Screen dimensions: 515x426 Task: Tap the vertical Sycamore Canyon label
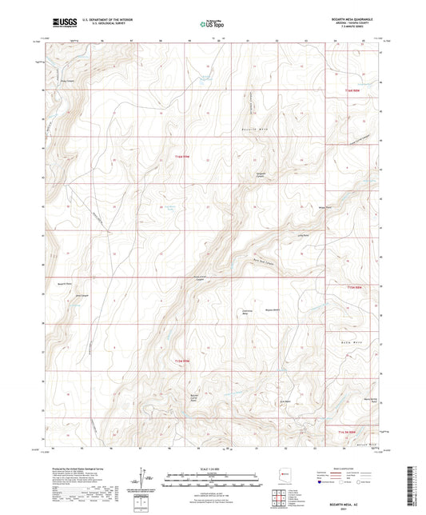pos(250,100)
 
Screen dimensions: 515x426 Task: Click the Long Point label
pos(303,236)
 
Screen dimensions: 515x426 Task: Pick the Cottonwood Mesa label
pos(247,312)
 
